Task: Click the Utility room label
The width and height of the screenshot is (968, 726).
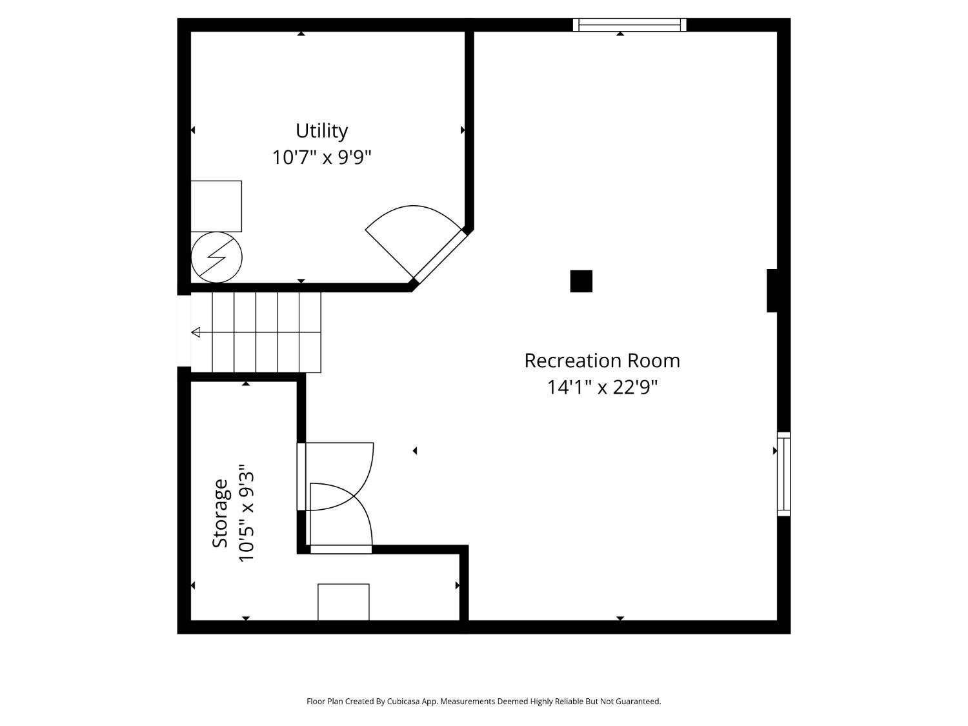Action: point(321,131)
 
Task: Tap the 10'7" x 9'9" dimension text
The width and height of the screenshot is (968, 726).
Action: point(321,157)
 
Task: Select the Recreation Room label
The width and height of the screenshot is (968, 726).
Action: point(602,361)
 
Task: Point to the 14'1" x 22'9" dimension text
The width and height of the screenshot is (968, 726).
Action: point(602,387)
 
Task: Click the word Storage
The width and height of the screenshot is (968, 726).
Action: point(220,513)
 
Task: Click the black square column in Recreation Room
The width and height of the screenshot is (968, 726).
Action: point(581,281)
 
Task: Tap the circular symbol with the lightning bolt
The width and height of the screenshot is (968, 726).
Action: point(217,257)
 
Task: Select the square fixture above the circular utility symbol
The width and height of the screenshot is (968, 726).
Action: point(216,207)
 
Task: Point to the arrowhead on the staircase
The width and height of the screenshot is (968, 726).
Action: point(196,332)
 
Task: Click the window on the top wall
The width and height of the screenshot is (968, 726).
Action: point(629,25)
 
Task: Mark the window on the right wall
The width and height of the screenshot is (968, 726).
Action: point(783,474)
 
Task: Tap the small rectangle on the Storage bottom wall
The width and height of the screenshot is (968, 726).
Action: point(343,602)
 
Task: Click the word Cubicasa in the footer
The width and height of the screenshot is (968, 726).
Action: point(403,701)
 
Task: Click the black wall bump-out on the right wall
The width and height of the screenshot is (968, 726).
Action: point(772,291)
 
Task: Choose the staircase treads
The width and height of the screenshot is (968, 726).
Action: point(256,333)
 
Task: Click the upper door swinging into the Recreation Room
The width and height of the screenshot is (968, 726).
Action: point(339,476)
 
